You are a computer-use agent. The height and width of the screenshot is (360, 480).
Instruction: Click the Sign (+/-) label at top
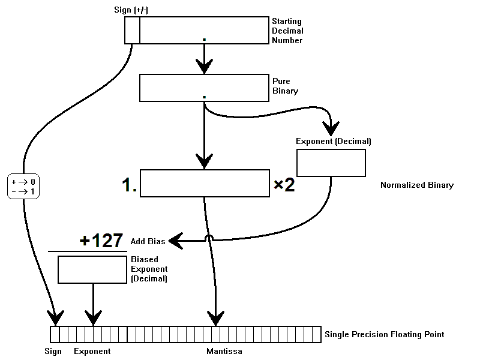[133, 10]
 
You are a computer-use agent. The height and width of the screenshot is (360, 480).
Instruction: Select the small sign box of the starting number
[132, 31]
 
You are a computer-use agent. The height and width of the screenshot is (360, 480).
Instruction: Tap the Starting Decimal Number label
[287, 31]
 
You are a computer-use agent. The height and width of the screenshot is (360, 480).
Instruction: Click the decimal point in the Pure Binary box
[205, 96]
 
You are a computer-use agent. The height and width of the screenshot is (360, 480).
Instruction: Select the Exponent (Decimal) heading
[333, 142]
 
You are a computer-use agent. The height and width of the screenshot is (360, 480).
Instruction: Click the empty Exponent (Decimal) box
[331, 163]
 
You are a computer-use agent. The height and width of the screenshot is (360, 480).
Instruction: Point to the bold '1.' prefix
[130, 187]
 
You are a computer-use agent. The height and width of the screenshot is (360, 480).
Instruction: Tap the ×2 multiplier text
[284, 185]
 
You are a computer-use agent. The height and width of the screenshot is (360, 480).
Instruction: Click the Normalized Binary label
[416, 185]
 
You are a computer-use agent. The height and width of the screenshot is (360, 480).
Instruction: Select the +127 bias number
[101, 241]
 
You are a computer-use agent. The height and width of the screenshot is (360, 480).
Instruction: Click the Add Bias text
[148, 242]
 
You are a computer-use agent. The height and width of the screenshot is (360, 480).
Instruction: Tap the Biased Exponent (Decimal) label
[149, 269]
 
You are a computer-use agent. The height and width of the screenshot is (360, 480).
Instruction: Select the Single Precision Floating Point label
[384, 334]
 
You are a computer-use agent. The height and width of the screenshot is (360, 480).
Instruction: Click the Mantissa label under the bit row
[224, 351]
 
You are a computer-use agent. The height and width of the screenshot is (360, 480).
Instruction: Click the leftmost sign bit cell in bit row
[55, 334]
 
